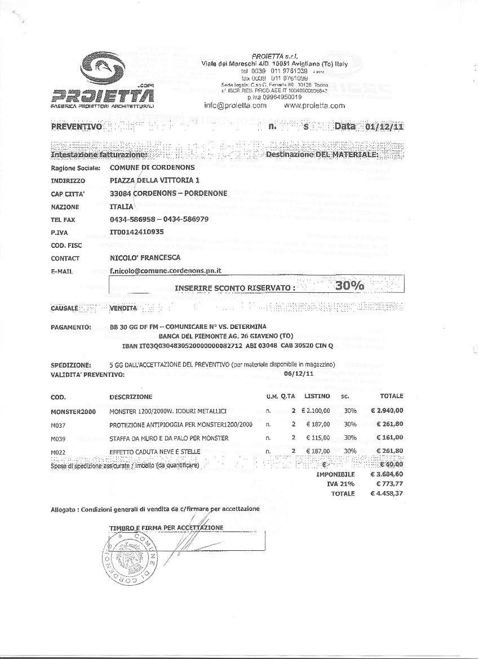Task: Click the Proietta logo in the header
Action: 102,78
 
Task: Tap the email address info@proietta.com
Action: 235,105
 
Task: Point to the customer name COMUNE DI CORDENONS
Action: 152,167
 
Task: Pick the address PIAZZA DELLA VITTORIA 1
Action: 154,180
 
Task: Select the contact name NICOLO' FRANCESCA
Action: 145,257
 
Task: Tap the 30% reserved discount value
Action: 349,286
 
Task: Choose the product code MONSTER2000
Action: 73,412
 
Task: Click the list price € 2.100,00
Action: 315,411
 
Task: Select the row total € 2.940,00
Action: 387,411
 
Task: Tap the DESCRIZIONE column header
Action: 131,397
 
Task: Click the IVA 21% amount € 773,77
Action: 387,484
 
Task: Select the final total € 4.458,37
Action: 387,493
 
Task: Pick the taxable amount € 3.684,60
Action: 387,474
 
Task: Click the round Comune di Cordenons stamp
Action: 130,560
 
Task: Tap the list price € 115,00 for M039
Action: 318,438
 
